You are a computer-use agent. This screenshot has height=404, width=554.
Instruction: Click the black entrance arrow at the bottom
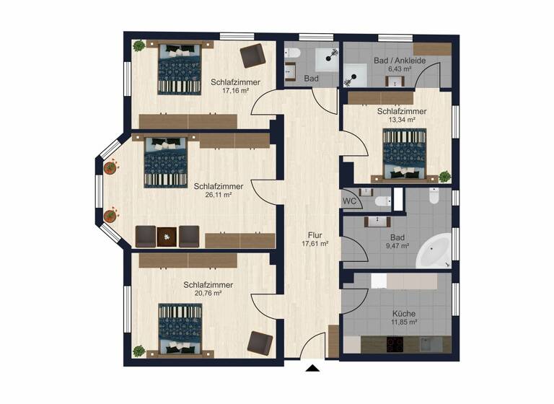(x=312, y=369)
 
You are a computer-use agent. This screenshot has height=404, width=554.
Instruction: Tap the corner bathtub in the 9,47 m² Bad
(x=434, y=250)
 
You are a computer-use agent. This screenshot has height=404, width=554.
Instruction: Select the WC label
(x=350, y=201)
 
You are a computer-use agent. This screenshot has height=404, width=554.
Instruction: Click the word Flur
(x=314, y=235)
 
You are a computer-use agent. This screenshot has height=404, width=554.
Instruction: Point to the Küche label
(x=404, y=314)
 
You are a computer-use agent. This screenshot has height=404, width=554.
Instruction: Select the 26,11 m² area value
(x=217, y=195)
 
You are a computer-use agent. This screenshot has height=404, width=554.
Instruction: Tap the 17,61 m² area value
(x=315, y=245)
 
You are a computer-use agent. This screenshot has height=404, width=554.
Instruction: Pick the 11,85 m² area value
(x=404, y=323)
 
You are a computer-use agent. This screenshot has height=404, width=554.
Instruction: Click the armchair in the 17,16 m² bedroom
(x=252, y=56)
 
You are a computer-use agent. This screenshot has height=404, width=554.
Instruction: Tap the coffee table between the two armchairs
(x=167, y=236)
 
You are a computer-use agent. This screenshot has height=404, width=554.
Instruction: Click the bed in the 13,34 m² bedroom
(x=404, y=154)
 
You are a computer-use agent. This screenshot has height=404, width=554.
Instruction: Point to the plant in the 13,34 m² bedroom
(x=444, y=175)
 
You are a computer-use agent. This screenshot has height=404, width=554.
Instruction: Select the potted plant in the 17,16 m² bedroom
(x=138, y=46)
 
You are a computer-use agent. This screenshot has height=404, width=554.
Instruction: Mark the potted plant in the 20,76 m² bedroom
(x=138, y=351)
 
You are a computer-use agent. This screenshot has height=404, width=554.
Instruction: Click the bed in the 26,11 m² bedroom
(x=167, y=162)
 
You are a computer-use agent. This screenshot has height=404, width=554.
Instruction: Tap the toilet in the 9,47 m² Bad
(x=434, y=196)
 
